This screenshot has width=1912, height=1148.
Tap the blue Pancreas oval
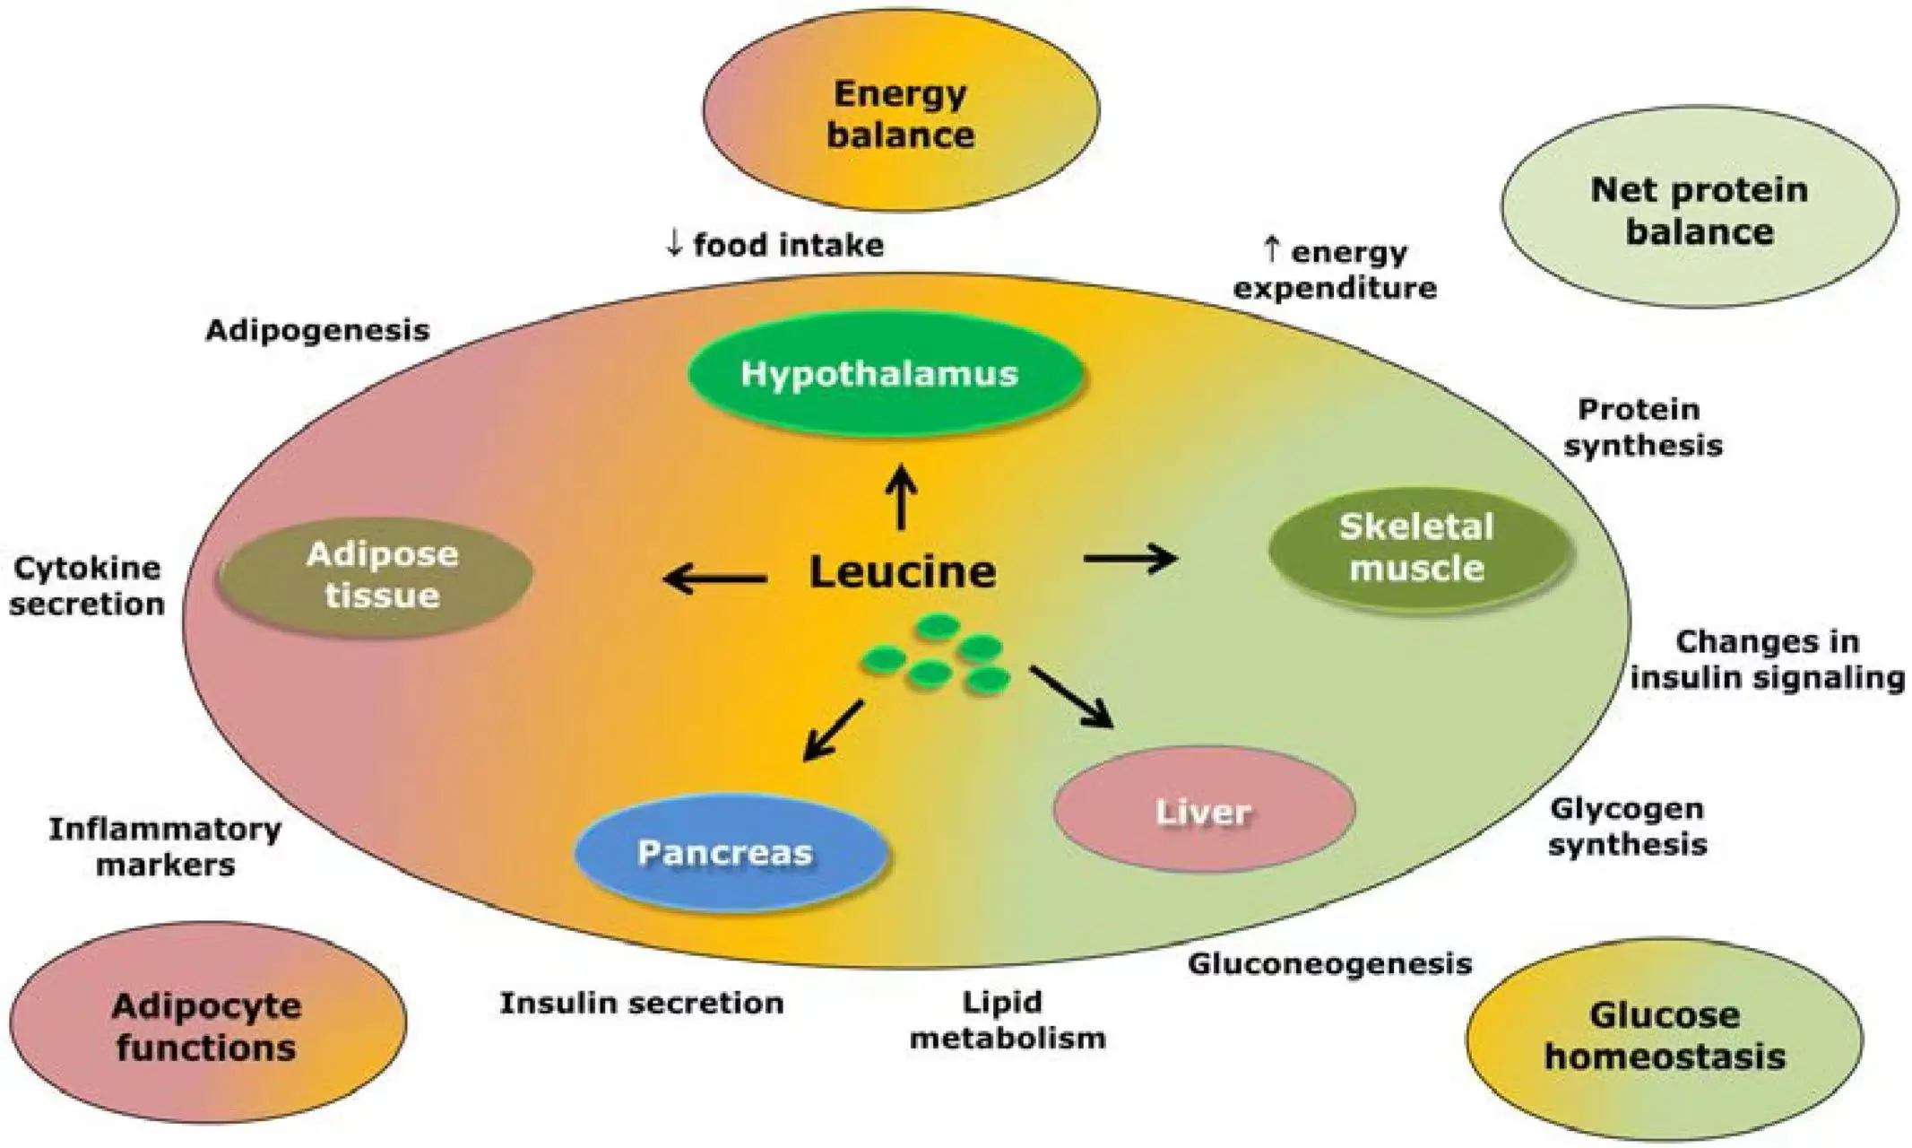point(728,852)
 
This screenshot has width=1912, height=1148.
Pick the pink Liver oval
point(1203,810)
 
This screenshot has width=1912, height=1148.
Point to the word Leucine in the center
point(902,572)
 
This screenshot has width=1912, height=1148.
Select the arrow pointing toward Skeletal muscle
point(1130,559)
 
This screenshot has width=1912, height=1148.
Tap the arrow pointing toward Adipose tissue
point(713,579)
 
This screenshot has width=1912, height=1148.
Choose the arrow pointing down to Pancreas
point(832,731)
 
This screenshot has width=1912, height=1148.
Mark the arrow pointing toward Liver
point(1072,696)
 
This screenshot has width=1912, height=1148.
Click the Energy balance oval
point(900,115)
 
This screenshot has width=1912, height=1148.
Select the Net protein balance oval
point(1699,210)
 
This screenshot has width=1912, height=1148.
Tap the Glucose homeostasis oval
point(1665,1037)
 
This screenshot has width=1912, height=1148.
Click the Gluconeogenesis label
point(1329,964)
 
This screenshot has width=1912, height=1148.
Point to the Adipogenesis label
point(317,330)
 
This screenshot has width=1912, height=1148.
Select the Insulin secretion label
point(641,1003)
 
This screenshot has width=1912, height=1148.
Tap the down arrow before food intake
point(674,243)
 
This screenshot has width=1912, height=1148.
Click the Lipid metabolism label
point(1007,1021)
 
